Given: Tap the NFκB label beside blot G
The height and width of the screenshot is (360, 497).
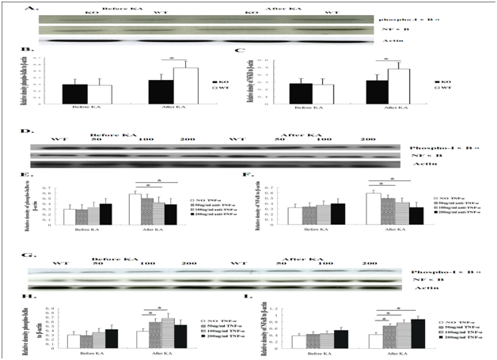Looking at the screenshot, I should [x=431, y=281].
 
